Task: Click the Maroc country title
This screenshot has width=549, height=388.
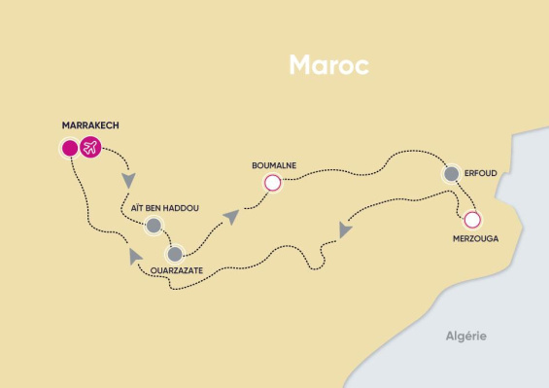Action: [328, 66]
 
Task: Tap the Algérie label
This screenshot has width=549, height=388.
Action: [465, 336]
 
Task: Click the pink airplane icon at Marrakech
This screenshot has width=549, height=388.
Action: [90, 148]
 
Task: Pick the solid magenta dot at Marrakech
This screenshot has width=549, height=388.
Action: [69, 148]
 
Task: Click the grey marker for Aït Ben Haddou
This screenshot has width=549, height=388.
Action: [154, 226]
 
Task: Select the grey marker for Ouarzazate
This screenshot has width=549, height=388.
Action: [175, 255]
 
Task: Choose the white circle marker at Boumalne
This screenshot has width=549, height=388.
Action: [272, 182]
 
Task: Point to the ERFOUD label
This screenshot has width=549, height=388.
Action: [483, 173]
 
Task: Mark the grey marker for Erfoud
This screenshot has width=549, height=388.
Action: [452, 174]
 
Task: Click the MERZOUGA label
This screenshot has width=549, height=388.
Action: [475, 237]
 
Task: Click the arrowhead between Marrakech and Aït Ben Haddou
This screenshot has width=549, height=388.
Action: [128, 182]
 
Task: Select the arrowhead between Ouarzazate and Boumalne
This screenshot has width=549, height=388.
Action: [230, 216]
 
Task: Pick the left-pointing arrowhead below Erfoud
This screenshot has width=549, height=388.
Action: [345, 229]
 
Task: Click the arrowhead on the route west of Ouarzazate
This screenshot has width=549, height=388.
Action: [133, 255]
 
